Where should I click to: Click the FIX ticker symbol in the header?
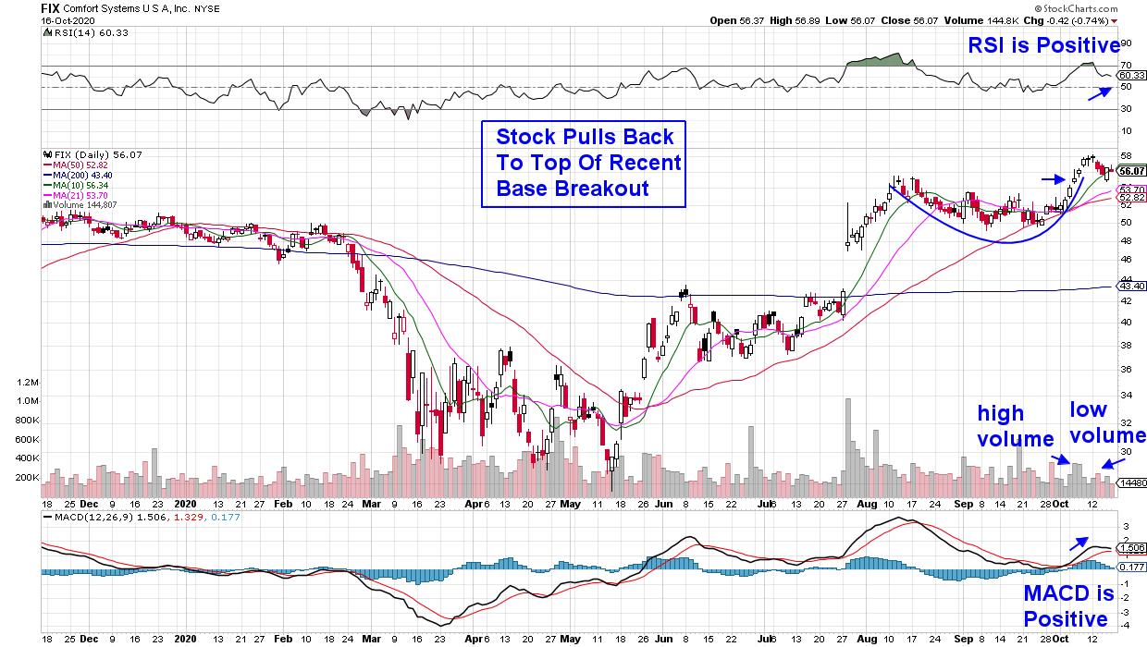(49, 6)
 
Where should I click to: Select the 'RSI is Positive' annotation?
(1043, 46)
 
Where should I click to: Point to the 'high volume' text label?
(1015, 426)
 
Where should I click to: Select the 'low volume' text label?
(1108, 422)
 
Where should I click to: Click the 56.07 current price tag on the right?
(1132, 171)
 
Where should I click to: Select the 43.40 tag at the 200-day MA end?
(1131, 287)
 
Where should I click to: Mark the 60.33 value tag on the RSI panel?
(1132, 75)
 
